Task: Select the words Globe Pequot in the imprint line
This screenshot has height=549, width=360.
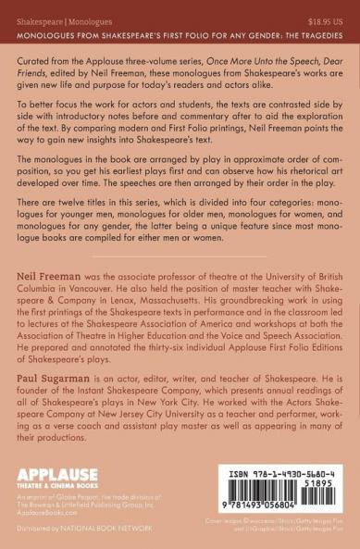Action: (81, 500)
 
